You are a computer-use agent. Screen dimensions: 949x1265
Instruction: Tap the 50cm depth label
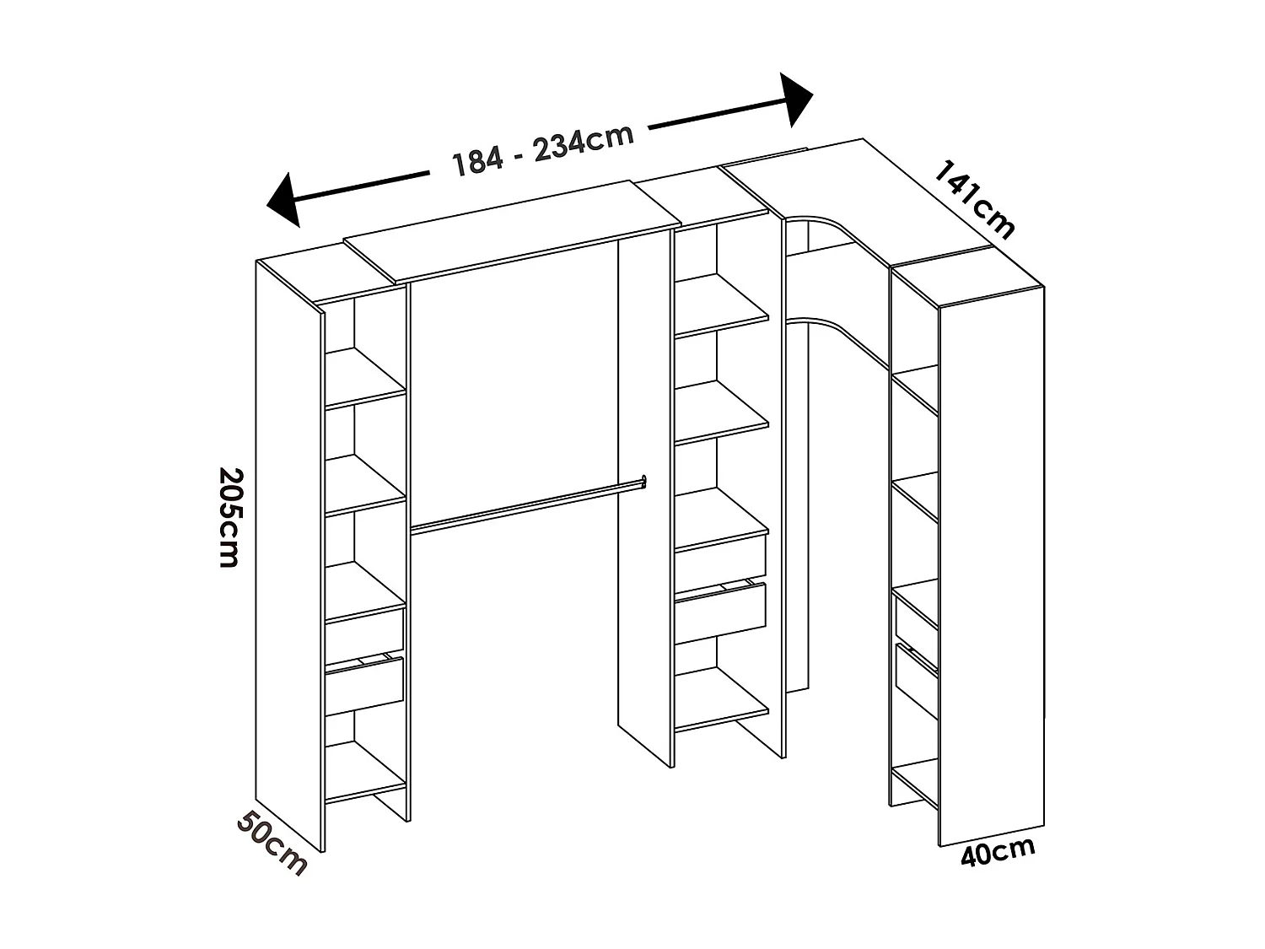(x=271, y=843)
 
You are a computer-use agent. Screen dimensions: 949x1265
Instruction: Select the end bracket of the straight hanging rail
(x=643, y=481)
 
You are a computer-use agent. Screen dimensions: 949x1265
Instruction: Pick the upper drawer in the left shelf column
(x=365, y=628)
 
